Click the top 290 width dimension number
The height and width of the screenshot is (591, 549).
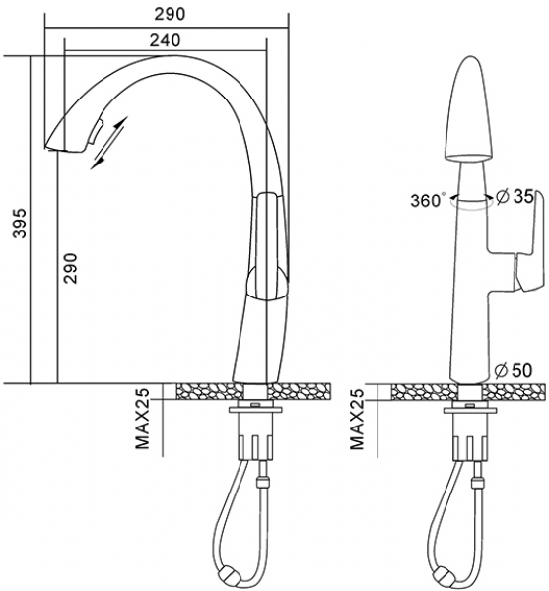[x=171, y=14]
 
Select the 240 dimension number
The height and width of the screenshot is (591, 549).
[x=166, y=40]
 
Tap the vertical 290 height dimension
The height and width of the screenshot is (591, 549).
[x=71, y=268]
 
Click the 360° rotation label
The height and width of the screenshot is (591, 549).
[x=427, y=200]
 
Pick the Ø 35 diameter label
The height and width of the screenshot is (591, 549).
[x=515, y=196]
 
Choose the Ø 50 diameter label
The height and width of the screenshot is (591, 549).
[x=513, y=371]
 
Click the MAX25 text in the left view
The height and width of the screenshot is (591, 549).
[x=143, y=419]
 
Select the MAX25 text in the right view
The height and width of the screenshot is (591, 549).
[x=357, y=419]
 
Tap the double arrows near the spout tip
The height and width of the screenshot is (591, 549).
[x=109, y=143]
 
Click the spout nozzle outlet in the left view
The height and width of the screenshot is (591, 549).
[x=63, y=150]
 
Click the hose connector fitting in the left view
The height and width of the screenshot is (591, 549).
[x=262, y=483]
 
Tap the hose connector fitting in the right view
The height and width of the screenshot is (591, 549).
[x=477, y=483]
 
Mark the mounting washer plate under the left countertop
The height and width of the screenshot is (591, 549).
[x=255, y=410]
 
